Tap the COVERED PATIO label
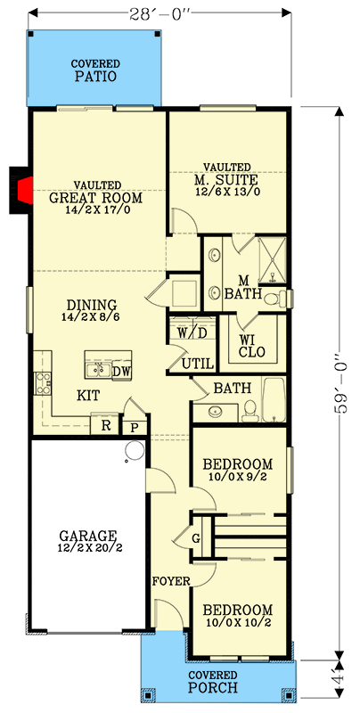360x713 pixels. tap(96, 71)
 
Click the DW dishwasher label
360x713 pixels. tap(122, 371)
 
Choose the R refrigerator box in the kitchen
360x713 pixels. tap(106, 426)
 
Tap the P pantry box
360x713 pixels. tap(135, 428)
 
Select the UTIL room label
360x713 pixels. tap(197, 363)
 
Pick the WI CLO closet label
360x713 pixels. tap(247, 345)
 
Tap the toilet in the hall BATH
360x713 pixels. tap(251, 408)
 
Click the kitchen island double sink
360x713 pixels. tap(97, 368)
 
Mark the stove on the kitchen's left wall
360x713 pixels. tap(41, 383)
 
